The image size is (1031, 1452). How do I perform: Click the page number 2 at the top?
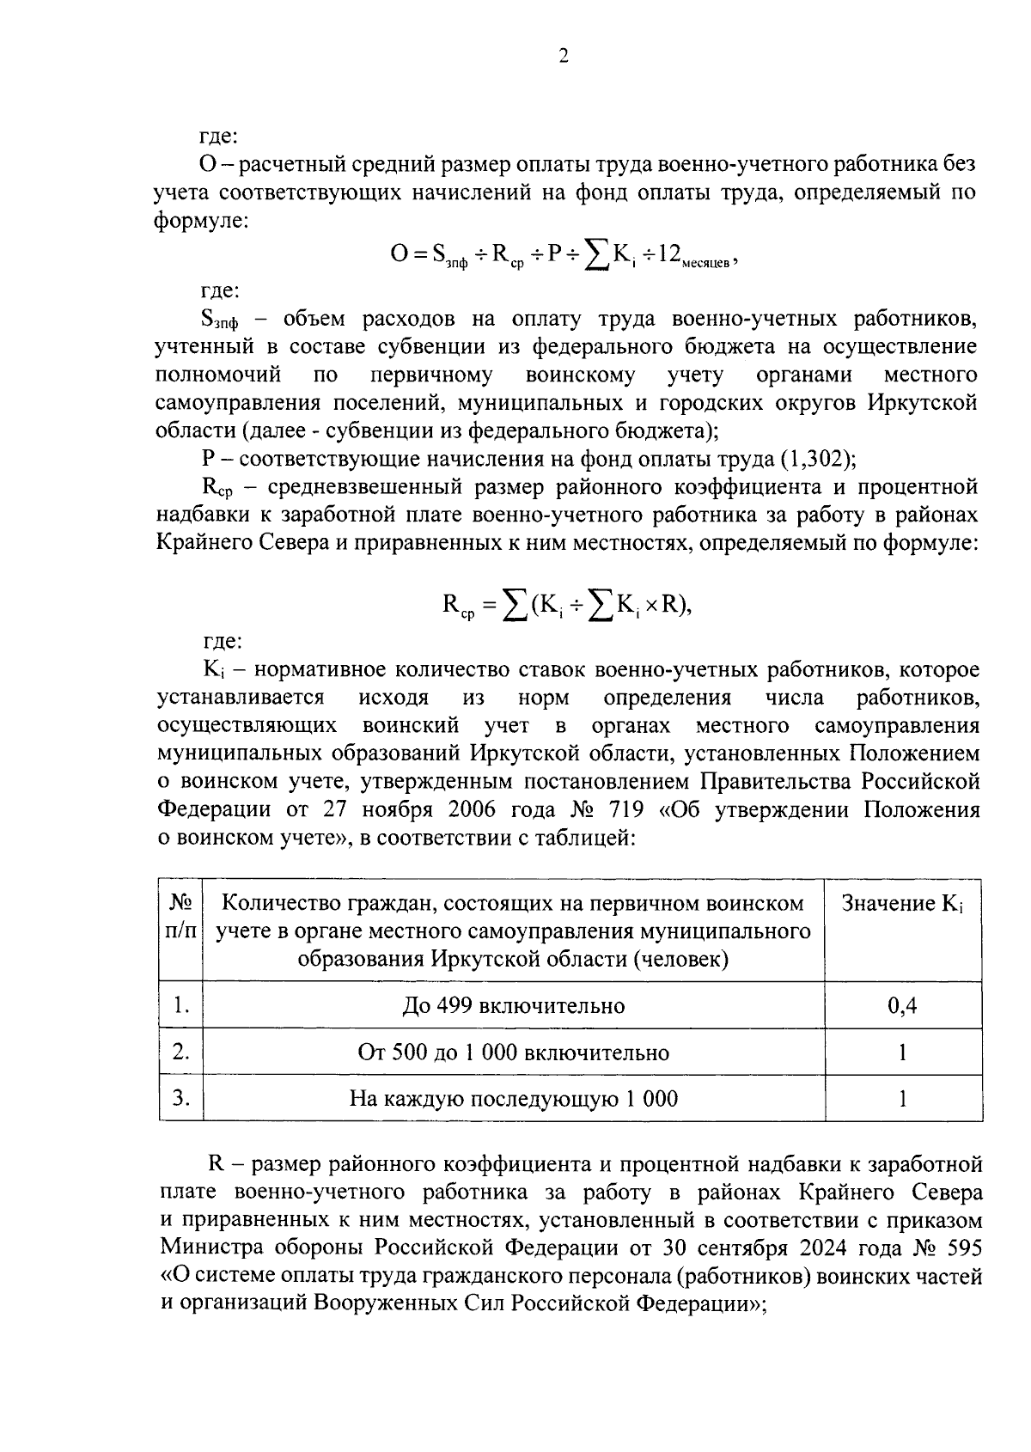pos(564,57)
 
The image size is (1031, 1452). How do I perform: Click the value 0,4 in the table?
pos(902,1005)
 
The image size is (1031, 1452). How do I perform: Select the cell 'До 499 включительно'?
pos(513,1005)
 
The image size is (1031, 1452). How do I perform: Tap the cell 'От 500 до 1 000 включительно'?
pos(513,1052)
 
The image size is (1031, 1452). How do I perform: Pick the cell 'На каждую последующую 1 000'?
pos(513,1098)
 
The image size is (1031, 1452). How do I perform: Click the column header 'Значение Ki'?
pos(902,904)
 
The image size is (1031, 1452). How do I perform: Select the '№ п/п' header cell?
pos(180,917)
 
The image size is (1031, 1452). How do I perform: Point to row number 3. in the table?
pos(180,1098)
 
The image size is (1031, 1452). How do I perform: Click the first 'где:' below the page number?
pos(219,136)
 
